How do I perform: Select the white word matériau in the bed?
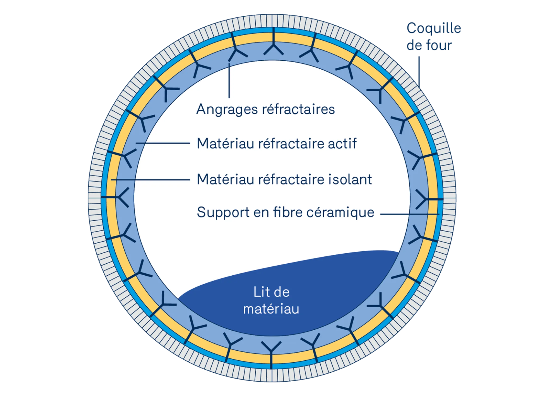tap(271, 309)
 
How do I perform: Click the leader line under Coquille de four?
tap(419, 72)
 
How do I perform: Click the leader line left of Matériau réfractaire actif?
tap(163, 143)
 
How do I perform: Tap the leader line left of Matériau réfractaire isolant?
tap(150, 180)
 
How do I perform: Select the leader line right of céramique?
tap(410, 214)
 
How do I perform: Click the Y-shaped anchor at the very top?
tap(273, 44)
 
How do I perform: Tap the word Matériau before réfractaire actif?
tap(225, 144)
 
